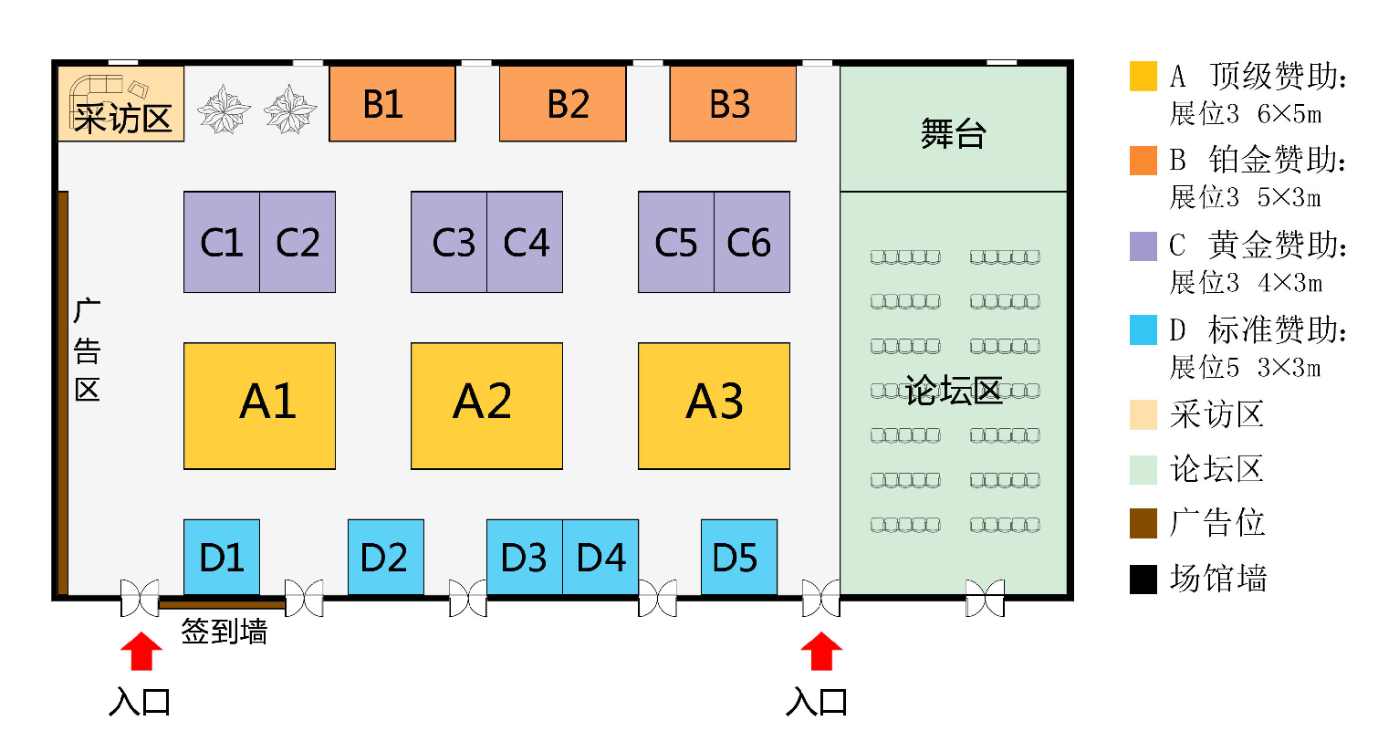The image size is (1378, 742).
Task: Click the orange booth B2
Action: [562, 103]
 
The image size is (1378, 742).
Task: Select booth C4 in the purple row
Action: [525, 242]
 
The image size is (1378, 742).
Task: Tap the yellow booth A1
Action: [259, 406]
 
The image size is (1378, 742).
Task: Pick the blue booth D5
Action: [739, 557]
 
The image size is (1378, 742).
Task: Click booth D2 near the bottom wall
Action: [386, 557]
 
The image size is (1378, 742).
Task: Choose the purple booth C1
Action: [222, 242]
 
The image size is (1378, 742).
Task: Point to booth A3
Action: [714, 406]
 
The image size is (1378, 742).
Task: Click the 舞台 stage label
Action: [954, 133]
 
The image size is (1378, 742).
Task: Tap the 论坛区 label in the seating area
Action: [954, 391]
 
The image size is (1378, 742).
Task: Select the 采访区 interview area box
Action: [121, 103]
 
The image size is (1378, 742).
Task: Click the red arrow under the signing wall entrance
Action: [141, 651]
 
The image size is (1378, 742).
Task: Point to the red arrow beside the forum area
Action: [821, 651]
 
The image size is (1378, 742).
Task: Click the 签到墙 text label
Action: [224, 632]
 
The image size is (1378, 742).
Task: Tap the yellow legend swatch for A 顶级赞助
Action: [1143, 76]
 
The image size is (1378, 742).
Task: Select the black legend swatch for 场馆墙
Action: [1143, 579]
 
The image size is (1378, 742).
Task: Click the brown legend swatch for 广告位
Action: [1143, 523]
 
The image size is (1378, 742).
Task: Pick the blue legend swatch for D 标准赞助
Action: [1143, 329]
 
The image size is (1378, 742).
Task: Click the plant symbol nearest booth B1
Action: [290, 110]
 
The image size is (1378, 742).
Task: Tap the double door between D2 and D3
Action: [467, 598]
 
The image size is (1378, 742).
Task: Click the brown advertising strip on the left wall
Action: [63, 393]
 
